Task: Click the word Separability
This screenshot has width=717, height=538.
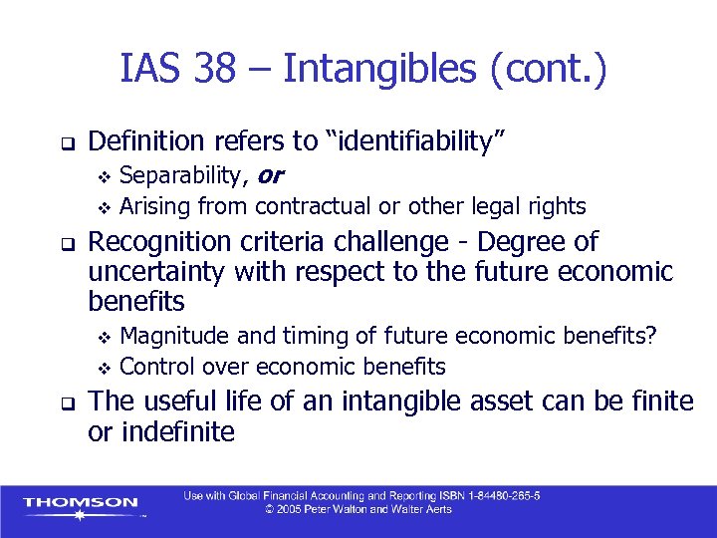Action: pos(181,176)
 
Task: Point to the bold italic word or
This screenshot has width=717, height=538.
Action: pos(270,176)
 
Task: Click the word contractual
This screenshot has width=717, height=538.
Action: pos(315,206)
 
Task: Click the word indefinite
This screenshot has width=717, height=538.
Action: pos(176,431)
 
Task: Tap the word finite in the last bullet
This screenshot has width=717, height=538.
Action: pos(660,402)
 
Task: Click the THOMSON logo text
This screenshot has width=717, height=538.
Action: pos(80,502)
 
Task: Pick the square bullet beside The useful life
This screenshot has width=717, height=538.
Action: pos(63,403)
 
